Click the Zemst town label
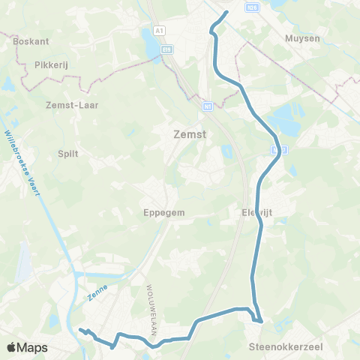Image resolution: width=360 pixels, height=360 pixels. tap(190, 135)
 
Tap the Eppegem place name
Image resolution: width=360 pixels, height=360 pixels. tap(163, 212)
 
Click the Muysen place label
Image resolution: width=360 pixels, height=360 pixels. tap(303, 37)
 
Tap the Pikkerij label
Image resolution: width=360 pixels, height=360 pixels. tap(51, 65)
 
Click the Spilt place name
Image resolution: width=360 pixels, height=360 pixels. tap(68, 152)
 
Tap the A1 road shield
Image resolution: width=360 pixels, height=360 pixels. tap(159, 30)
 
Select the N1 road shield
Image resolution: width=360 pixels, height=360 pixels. tap(205, 107)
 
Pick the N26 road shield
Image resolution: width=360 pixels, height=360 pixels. tap(252, 7)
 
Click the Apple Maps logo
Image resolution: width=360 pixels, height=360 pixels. tap(27, 347)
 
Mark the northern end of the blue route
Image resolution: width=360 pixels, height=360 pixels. tap(227, 12)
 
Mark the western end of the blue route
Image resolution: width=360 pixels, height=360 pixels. tap(79, 329)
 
